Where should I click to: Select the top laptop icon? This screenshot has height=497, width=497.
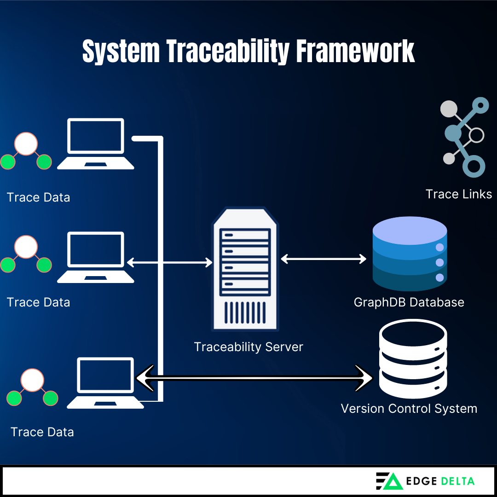point(96,144)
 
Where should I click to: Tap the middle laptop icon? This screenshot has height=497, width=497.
point(96,257)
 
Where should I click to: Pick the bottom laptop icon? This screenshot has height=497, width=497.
point(105,383)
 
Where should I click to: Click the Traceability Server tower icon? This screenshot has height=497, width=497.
point(245,270)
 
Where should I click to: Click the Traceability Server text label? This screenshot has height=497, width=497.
point(248,347)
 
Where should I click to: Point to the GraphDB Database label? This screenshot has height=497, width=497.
point(409,302)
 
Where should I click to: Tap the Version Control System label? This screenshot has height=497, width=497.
point(409,409)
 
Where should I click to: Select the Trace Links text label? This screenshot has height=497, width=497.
point(458,194)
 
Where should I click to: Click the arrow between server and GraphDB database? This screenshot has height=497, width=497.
point(324,259)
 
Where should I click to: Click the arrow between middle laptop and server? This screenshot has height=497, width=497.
point(169,263)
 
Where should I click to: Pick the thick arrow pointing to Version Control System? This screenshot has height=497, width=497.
point(254,378)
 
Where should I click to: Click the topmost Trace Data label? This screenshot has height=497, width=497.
point(39,197)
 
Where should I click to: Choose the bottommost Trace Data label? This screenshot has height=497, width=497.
point(42,432)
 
